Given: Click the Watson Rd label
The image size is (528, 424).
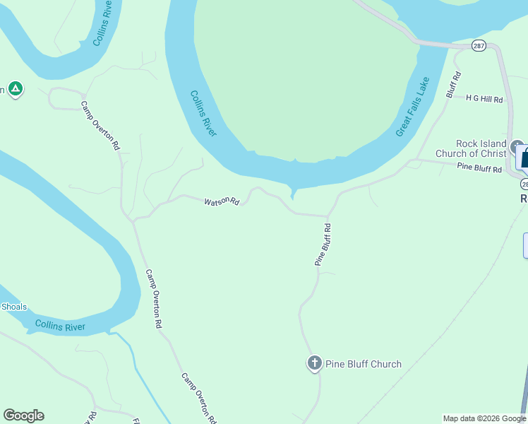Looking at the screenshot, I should pos(222,202).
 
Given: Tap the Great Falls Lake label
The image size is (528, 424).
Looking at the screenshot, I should pos(412,108).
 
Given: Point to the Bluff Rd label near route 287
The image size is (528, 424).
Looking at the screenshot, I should pos(453,84).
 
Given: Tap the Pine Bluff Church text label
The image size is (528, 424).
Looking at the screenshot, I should pos(363,364).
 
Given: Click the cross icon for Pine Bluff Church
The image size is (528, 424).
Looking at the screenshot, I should pos(314,363).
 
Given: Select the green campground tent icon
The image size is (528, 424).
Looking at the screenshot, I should pos(16,89).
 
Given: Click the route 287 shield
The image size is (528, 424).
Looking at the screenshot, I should pos(479,45).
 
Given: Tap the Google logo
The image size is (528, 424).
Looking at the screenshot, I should pos(23,416).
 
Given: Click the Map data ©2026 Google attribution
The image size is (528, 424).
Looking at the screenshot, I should pos(484,418).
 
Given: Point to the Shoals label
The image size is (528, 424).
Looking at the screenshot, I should pos(14,307).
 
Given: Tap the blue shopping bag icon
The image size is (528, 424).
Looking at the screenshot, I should pos(524,157).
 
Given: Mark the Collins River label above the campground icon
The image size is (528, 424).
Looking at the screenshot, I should pos(102,23).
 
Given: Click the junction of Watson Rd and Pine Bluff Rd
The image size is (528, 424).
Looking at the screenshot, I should pos(328,216).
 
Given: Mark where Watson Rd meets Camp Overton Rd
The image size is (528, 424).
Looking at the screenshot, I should pos(133,220).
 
